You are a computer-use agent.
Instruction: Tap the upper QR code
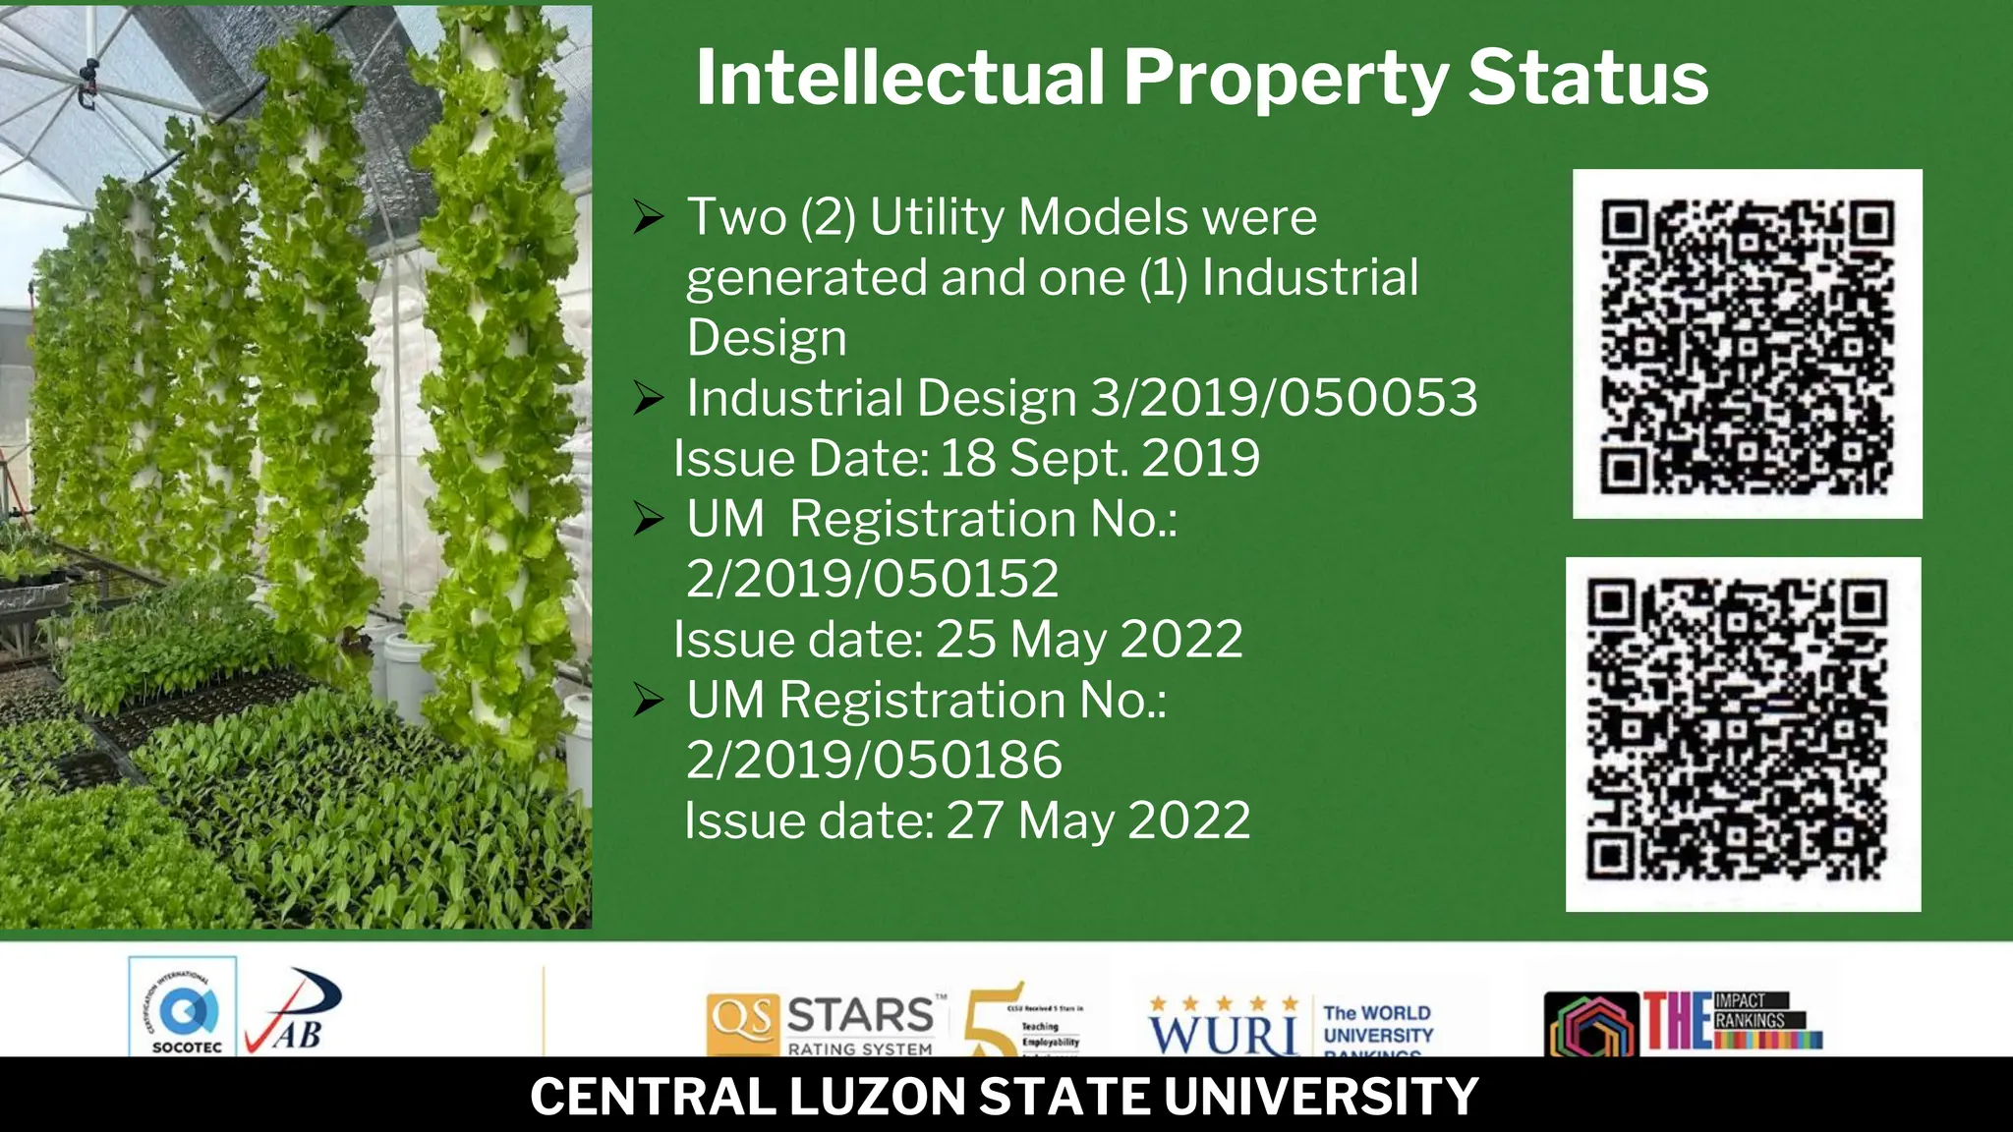[x=1747, y=344]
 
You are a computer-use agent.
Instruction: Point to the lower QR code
[x=1743, y=734]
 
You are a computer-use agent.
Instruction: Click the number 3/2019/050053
[x=1284, y=398]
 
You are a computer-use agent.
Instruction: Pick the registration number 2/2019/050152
[x=873, y=578]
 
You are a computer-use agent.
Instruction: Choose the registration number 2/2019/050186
[x=874, y=760]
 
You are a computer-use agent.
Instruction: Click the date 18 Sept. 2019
[x=1099, y=458]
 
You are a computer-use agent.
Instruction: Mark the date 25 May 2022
[x=1089, y=639]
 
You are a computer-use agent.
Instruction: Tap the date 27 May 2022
[x=1098, y=821]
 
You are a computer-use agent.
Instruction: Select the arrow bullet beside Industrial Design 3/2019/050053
[x=649, y=398]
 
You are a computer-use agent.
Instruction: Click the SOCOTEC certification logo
[x=184, y=1008]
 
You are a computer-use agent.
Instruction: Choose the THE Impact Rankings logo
[x=1684, y=1022]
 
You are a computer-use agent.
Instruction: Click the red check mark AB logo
[x=294, y=1012]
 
